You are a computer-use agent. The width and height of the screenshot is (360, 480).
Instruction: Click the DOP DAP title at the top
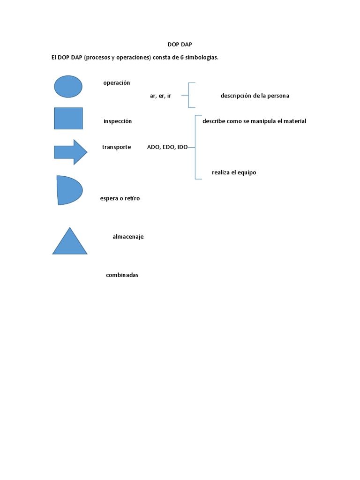(180, 44)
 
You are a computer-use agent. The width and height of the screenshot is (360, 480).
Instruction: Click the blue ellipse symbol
(68, 87)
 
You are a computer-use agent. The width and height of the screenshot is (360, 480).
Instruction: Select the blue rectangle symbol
(68, 118)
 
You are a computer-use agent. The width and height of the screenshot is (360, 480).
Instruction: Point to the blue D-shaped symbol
(68, 190)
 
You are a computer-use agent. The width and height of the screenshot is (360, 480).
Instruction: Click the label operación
(117, 83)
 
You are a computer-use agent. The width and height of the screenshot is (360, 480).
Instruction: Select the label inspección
(118, 121)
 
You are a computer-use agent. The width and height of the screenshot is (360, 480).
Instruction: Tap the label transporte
(117, 147)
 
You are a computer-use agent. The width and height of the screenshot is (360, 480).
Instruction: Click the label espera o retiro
(120, 198)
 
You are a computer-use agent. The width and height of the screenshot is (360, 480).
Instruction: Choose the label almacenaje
(128, 237)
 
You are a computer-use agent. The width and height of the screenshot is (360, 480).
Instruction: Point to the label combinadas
(122, 275)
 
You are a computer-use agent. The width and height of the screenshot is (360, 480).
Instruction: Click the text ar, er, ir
(160, 96)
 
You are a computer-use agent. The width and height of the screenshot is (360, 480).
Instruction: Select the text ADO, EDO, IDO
(167, 147)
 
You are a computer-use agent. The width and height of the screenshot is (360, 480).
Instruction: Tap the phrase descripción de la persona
(255, 96)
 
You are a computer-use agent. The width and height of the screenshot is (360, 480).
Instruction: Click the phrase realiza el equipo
(234, 172)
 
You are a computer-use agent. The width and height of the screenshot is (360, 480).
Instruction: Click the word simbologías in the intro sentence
(202, 58)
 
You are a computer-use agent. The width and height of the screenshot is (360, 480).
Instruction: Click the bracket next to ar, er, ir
(188, 96)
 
